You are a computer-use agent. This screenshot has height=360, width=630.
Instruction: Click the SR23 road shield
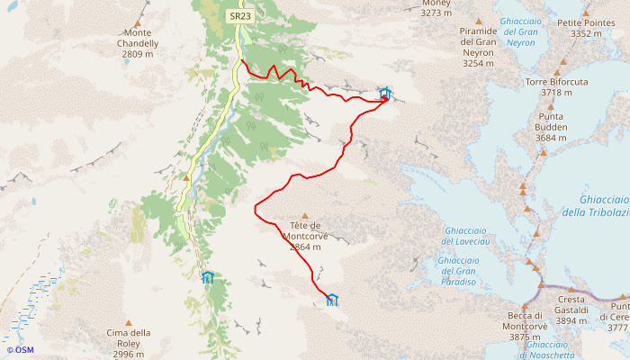click(x=239, y=15)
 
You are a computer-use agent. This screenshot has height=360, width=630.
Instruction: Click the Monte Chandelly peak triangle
click(x=138, y=23)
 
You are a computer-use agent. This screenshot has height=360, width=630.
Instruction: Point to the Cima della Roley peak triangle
click(x=128, y=322)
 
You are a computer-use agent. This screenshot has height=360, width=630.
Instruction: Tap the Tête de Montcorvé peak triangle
click(x=307, y=215)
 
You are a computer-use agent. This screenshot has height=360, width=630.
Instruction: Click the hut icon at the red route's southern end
click(x=331, y=300)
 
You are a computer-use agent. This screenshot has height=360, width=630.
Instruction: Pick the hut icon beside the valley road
click(x=208, y=276)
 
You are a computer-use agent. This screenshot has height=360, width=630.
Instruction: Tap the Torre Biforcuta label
click(x=556, y=86)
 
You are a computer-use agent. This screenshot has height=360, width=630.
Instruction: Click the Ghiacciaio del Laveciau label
click(x=465, y=236)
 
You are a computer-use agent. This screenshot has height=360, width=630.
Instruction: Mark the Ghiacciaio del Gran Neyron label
click(x=521, y=31)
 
